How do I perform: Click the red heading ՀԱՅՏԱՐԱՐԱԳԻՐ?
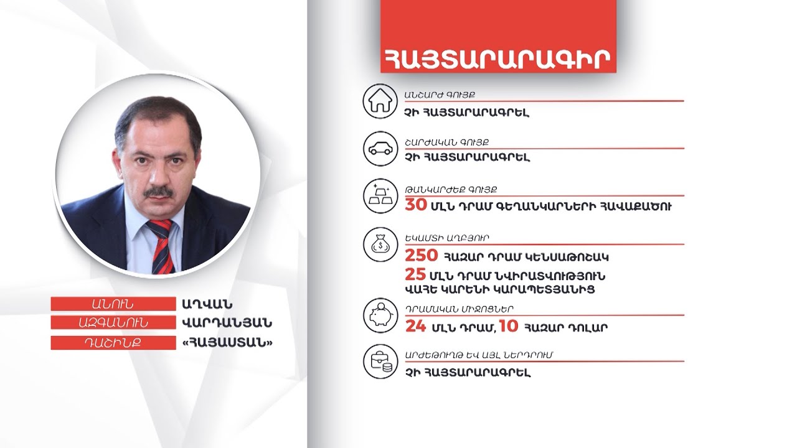click(x=496, y=58)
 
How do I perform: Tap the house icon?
click(x=380, y=101)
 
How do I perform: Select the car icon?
click(x=380, y=149)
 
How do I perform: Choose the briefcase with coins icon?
click(x=380, y=363)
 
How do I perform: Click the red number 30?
click(x=416, y=205)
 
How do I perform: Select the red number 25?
click(x=415, y=275)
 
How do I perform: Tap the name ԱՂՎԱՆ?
click(x=207, y=304)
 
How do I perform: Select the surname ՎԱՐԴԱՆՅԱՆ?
click(x=227, y=324)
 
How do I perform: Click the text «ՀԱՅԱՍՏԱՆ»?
click(x=227, y=343)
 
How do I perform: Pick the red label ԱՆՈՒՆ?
click(x=113, y=304)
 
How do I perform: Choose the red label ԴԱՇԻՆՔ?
click(x=113, y=343)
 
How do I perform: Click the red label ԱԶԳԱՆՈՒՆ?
click(x=113, y=324)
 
